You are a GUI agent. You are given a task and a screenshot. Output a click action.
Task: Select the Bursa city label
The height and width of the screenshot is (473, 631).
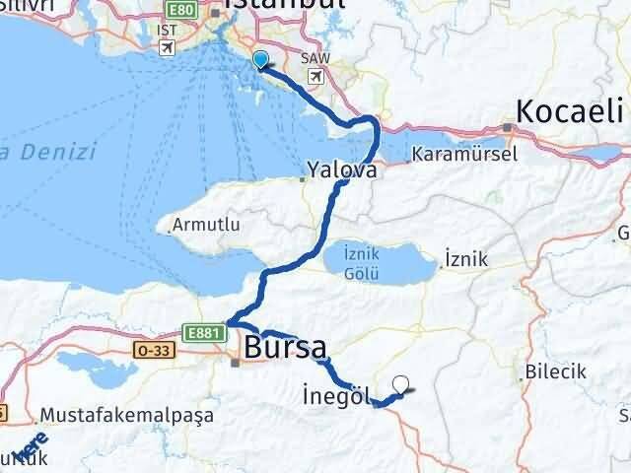pyautogui.click(x=285, y=347)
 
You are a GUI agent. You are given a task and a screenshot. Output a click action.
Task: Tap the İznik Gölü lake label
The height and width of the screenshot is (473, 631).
pyautogui.click(x=361, y=262)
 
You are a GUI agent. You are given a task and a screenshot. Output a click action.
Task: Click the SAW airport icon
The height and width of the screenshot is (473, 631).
pyautogui.click(x=316, y=76)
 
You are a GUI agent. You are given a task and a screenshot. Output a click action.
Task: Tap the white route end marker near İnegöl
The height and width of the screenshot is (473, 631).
pyautogui.click(x=400, y=385)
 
